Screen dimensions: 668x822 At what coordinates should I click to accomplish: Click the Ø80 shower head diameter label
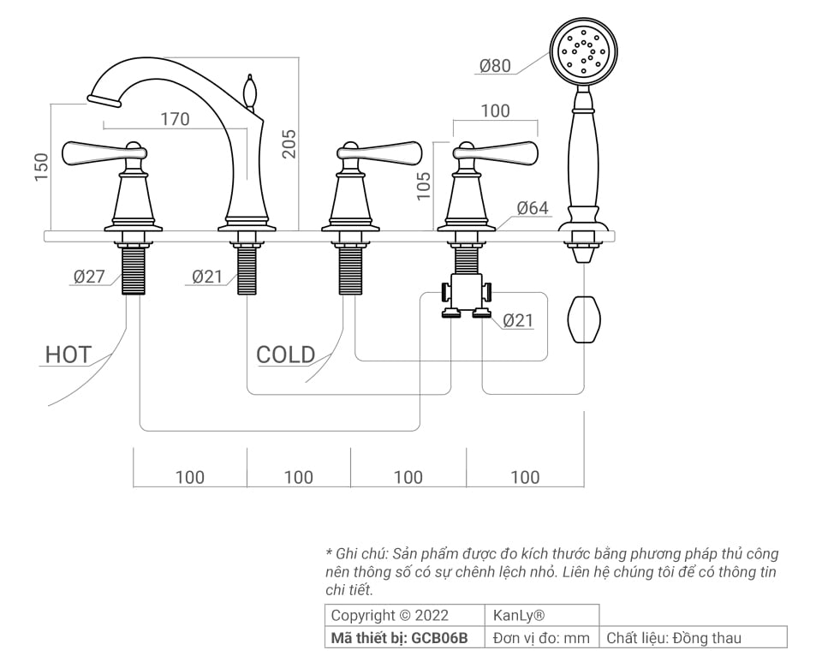(x=495, y=66)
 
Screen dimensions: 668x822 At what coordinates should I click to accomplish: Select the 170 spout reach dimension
(x=175, y=119)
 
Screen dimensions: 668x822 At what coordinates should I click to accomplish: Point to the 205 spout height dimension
(x=289, y=143)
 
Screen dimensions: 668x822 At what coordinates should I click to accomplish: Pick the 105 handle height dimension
(x=424, y=185)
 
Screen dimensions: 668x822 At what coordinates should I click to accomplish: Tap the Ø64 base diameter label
(x=532, y=208)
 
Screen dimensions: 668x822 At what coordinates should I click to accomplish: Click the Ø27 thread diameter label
(x=89, y=277)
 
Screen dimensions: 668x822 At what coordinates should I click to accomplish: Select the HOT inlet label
(x=68, y=355)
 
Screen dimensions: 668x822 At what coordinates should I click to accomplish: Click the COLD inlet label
(x=285, y=355)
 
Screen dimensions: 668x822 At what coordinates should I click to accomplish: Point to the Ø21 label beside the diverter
(x=517, y=320)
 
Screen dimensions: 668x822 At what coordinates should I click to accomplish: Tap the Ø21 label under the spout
(x=207, y=277)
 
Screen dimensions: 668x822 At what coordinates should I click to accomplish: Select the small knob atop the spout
(x=250, y=89)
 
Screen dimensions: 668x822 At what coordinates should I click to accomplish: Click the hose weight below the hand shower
(x=584, y=319)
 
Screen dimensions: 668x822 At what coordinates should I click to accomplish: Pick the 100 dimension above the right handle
(x=495, y=111)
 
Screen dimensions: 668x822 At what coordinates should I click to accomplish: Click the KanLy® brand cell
(x=519, y=615)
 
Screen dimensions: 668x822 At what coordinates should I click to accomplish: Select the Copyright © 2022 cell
(x=389, y=615)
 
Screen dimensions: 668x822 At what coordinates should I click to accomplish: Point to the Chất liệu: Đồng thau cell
(x=674, y=638)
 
